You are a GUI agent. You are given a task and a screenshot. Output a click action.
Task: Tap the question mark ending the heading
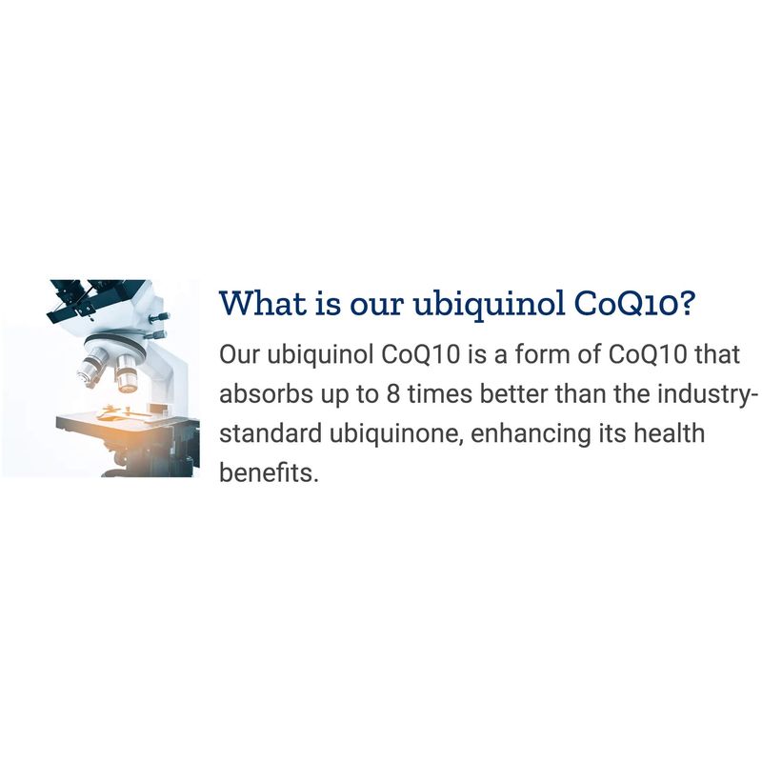[x=684, y=303]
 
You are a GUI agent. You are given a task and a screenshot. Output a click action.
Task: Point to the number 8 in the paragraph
[x=393, y=394]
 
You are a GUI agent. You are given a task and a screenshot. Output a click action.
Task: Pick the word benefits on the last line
[x=269, y=471]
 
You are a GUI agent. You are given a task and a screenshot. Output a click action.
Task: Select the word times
[x=440, y=393]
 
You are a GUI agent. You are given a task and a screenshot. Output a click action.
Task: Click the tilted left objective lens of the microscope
[x=90, y=370]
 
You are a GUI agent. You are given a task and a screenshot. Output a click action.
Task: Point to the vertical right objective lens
[x=127, y=372]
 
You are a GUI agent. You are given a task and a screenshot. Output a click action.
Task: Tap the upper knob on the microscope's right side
[x=159, y=317]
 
